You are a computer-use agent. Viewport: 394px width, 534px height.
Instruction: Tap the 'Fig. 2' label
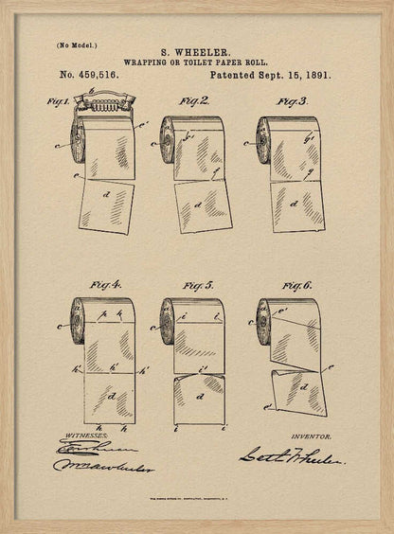tap(194, 99)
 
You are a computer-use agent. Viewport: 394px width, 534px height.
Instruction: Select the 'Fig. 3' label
tap(291, 100)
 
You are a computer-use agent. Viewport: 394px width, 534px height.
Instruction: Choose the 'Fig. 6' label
tap(295, 283)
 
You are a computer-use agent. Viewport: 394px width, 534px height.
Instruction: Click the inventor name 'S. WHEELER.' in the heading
tap(196, 54)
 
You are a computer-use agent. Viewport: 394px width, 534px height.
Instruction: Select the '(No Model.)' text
tap(76, 44)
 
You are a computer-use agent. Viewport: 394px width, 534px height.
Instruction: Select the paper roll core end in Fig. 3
tap(263, 141)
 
